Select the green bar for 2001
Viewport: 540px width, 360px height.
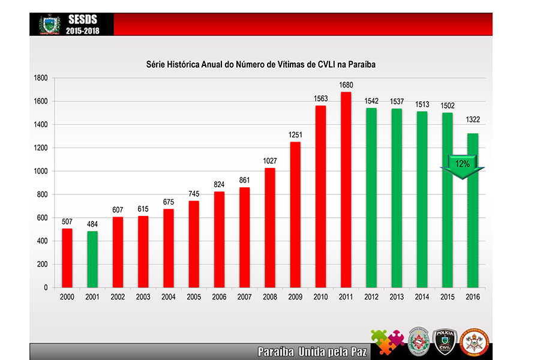tap(92, 259)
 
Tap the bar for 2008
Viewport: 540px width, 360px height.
tap(269, 227)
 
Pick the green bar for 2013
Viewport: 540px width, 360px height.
tap(396, 198)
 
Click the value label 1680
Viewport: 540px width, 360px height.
tap(346, 85)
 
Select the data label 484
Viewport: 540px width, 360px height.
tap(92, 224)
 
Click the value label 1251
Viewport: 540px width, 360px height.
tap(295, 135)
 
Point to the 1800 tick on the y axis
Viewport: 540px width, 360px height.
tap(40, 78)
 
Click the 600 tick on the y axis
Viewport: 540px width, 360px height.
tap(42, 218)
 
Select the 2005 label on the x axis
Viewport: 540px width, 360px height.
tap(194, 297)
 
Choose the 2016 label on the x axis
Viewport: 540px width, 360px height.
tap(472, 297)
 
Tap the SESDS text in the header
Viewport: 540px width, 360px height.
tap(83, 20)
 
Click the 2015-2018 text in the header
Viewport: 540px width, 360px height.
tap(83, 30)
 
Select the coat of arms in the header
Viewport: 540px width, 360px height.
tap(49, 25)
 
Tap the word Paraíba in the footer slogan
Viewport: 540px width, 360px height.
tap(275, 352)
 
